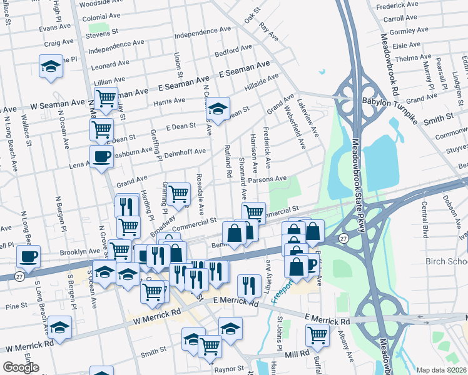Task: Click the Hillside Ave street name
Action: [x=261, y=82]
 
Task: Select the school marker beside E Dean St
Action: [x=218, y=108]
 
